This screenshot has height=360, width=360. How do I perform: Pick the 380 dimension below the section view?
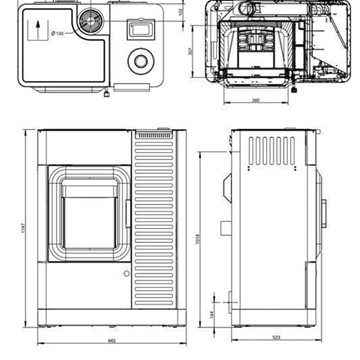click(x=255, y=100)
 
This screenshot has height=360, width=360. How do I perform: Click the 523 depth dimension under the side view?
click(x=276, y=337)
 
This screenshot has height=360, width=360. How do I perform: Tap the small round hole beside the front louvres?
click(x=126, y=272)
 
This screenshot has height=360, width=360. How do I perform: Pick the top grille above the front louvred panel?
click(x=147, y=134)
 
